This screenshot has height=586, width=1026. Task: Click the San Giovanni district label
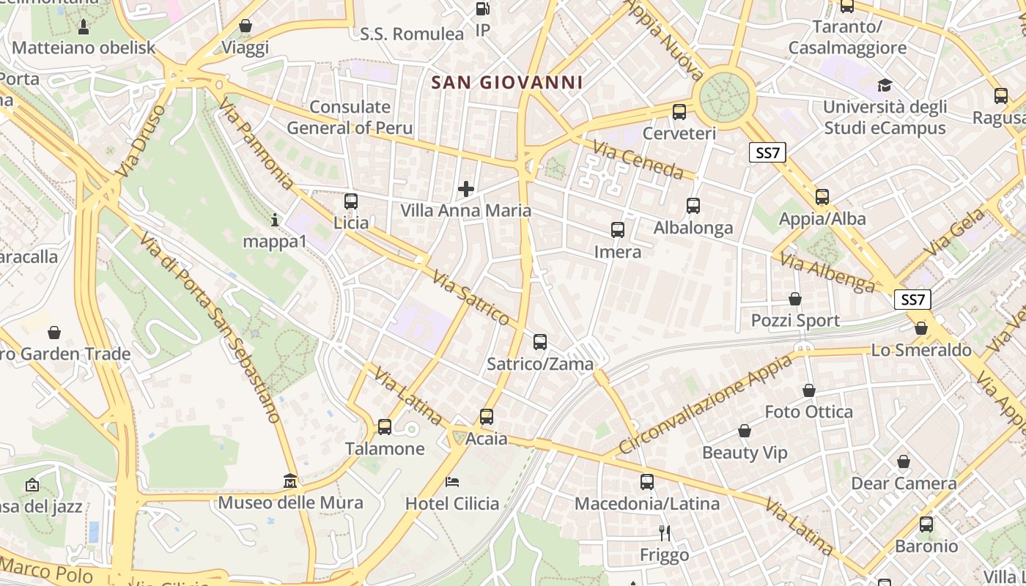click(x=507, y=83)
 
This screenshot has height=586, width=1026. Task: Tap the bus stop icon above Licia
click(x=351, y=201)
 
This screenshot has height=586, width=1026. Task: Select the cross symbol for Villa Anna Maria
click(x=465, y=190)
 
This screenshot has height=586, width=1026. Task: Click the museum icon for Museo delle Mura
click(x=291, y=482)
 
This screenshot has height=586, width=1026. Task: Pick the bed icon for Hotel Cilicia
click(x=452, y=482)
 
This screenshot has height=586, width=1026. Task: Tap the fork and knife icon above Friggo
click(x=665, y=533)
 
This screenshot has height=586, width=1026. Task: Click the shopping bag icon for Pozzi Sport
click(x=795, y=299)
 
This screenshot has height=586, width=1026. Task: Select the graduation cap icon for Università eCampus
click(x=885, y=85)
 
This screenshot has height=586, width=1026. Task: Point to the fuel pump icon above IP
click(x=482, y=9)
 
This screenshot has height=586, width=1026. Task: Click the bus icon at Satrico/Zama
click(x=540, y=341)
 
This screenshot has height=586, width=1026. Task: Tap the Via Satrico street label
click(x=470, y=297)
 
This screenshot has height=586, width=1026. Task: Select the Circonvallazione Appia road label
click(x=705, y=404)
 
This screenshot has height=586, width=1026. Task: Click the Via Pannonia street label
click(x=256, y=144)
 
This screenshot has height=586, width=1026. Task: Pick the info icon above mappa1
click(x=275, y=219)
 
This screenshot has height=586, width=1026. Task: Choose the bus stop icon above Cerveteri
click(x=679, y=112)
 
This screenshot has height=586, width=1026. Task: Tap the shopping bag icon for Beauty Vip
click(x=745, y=431)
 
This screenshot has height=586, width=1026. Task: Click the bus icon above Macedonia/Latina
click(x=647, y=482)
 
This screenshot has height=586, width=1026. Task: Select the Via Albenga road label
click(x=827, y=272)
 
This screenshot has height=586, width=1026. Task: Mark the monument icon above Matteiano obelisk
click(x=84, y=27)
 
